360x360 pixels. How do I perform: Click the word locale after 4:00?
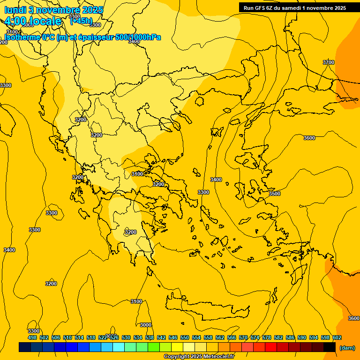coord(45,21)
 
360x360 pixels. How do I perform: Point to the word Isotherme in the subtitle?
coord(23,37)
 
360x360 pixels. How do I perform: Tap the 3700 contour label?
coord(329,62)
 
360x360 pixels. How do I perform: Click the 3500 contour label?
coord(275,194)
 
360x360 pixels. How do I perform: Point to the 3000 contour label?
coord(146,325)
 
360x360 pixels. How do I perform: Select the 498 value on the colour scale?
coord(32,337)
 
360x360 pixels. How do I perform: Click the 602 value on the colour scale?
coord(337,337)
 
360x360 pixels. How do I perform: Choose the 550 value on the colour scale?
coord(185,337)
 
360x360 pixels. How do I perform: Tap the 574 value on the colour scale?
coord(255,337)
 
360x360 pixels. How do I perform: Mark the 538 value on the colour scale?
coord(150,337)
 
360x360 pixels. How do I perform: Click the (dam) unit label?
coord(347,347)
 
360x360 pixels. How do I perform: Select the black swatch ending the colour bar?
coord(330,347)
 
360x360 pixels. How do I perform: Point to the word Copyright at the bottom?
coord(177,357)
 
